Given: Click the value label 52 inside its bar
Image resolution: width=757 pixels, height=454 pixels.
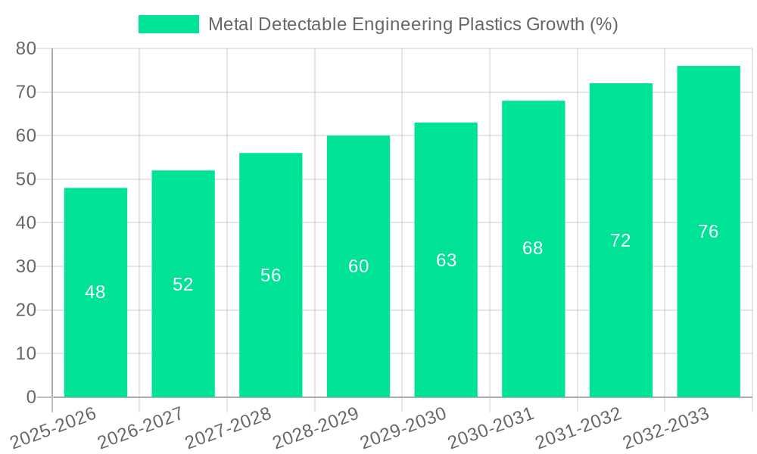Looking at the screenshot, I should pyautogui.click(x=183, y=285).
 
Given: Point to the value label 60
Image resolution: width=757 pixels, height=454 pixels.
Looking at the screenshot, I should pyautogui.click(x=359, y=266).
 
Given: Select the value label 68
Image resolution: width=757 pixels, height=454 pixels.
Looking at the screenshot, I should pyautogui.click(x=533, y=248).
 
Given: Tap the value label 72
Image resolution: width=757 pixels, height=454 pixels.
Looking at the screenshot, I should pyautogui.click(x=621, y=241).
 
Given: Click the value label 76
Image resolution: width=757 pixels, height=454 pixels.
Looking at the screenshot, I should pyautogui.click(x=709, y=232).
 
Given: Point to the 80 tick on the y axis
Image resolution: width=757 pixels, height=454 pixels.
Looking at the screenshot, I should pyautogui.click(x=26, y=48).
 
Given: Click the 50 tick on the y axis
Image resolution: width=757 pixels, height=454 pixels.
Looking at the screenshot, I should pyautogui.click(x=26, y=179).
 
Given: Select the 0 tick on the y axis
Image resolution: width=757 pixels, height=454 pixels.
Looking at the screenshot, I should pyautogui.click(x=31, y=397).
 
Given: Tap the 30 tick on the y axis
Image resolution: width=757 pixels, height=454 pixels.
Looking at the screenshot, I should pyautogui.click(x=26, y=266).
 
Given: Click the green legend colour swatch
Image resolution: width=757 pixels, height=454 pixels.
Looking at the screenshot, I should pyautogui.click(x=168, y=24).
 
